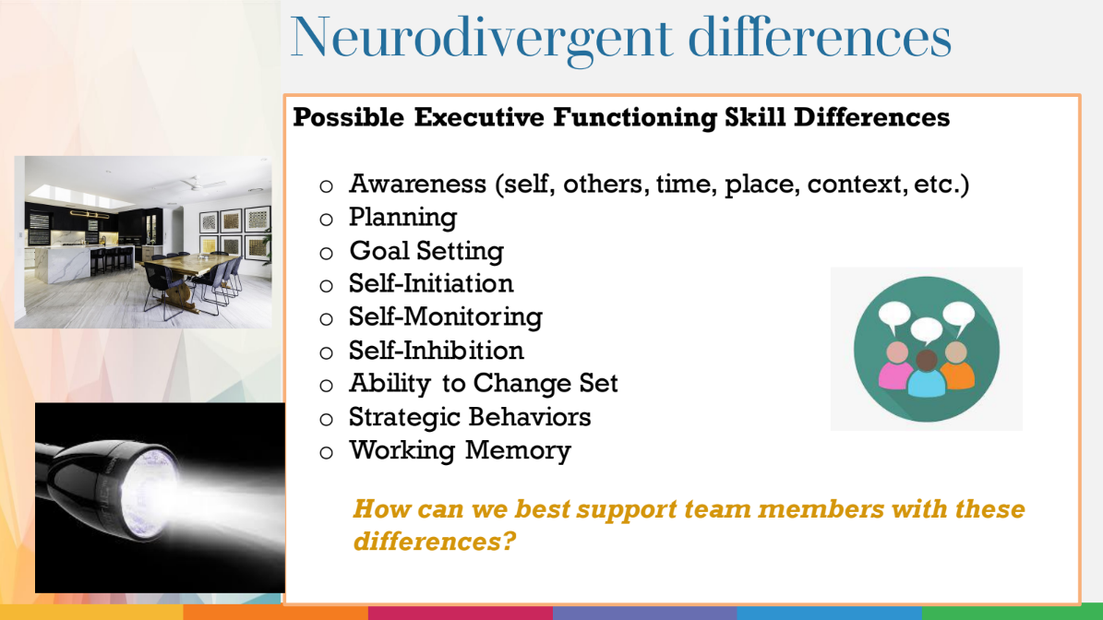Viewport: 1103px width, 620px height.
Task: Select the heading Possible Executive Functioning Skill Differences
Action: [x=620, y=118]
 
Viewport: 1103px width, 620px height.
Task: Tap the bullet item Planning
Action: [x=402, y=218]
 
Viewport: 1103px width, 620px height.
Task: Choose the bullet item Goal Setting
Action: [x=426, y=251]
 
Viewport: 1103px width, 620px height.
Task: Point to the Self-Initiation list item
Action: [x=431, y=283]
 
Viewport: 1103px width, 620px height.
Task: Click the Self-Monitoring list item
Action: [x=445, y=317]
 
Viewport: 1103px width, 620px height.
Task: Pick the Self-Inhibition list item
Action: [x=436, y=351]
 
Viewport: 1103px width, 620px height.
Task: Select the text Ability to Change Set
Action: [x=483, y=384]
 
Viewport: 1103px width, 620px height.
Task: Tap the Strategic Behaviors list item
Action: [x=469, y=417]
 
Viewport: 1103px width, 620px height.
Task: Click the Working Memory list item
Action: [x=460, y=450]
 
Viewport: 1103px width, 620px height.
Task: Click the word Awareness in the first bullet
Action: [x=418, y=185]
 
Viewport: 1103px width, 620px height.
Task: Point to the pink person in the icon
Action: [x=895, y=368]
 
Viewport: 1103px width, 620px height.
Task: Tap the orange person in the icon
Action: [x=957, y=367]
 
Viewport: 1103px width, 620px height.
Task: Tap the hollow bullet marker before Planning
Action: [x=325, y=220]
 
